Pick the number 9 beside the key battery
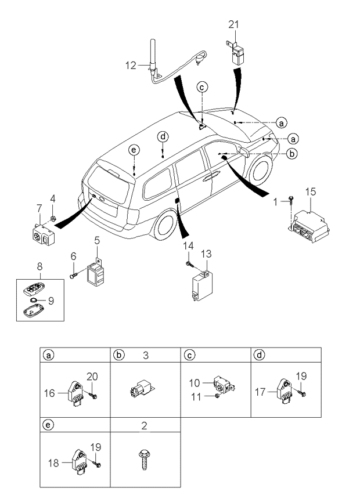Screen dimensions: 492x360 pyautogui.click(x=50, y=301)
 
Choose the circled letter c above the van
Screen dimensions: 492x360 pyautogui.click(x=201, y=88)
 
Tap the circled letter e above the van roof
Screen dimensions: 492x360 pyautogui.click(x=134, y=150)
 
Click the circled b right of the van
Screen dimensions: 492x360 pyautogui.click(x=293, y=153)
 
